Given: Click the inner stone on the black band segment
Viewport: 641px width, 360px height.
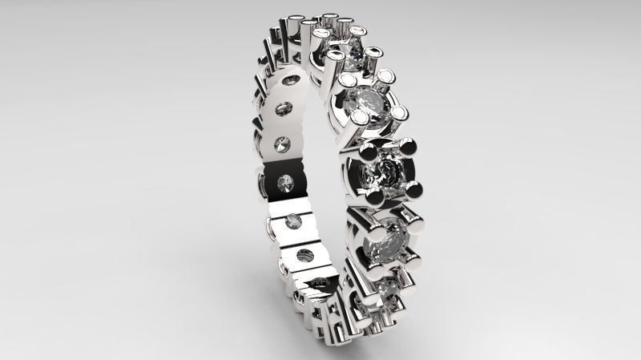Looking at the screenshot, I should click(x=285, y=184).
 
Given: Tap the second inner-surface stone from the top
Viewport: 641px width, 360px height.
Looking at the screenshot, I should click(x=283, y=144).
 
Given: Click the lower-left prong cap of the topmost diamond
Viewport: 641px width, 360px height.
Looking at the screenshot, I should click(x=333, y=55).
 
